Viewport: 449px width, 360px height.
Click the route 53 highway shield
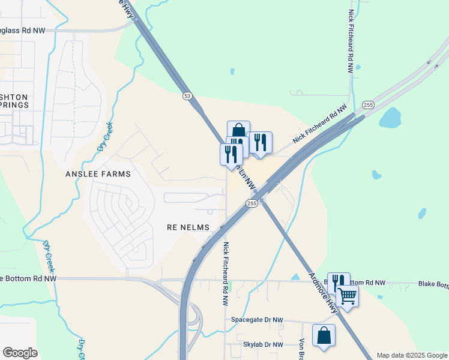pyautogui.click(x=187, y=96)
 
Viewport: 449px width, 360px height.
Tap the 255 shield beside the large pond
pyautogui.click(x=368, y=105)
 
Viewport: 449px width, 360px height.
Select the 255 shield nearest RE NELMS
pyautogui.click(x=252, y=204)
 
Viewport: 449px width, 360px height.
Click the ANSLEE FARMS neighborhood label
pyautogui.click(x=98, y=174)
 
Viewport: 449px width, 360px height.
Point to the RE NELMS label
pyautogui.click(x=188, y=227)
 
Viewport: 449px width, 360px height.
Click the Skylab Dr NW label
pyautogui.click(x=262, y=344)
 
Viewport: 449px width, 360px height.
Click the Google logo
pyautogui.click(x=20, y=353)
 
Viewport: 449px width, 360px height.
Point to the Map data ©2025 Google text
pyautogui.click(x=411, y=355)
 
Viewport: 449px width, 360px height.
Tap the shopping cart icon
pyautogui.click(x=347, y=295)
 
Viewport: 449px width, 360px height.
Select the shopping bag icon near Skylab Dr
pyautogui.click(x=324, y=336)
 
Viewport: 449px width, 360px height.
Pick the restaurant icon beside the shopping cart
pyautogui.click(x=339, y=283)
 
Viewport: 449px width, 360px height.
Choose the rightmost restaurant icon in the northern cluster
pyautogui.click(x=261, y=143)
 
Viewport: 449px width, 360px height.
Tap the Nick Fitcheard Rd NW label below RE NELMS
pyautogui.click(x=226, y=274)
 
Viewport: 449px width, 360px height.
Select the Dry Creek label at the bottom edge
pyautogui.click(x=80, y=350)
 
